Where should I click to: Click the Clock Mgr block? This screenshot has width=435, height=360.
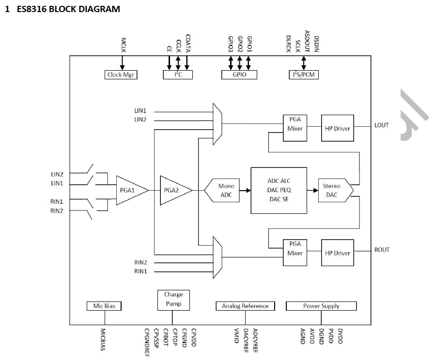(x=121, y=75)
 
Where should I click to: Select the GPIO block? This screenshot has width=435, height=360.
(x=239, y=75)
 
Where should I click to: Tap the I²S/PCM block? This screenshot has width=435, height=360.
(x=304, y=75)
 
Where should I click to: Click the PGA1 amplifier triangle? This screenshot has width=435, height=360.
(x=129, y=191)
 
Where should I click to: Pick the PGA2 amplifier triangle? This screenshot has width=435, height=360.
(x=173, y=190)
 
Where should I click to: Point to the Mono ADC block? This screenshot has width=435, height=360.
(x=224, y=190)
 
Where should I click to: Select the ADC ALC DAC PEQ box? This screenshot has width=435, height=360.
(x=279, y=190)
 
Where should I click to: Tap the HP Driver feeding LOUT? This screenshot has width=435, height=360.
(x=337, y=128)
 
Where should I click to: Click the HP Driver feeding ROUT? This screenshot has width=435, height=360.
(x=337, y=253)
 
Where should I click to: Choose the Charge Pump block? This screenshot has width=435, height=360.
(x=173, y=300)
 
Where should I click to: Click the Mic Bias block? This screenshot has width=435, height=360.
(x=104, y=306)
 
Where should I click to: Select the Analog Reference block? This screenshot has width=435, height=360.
(x=245, y=306)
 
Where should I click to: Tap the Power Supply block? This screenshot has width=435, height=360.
(x=321, y=306)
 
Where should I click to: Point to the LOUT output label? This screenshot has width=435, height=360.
(x=382, y=125)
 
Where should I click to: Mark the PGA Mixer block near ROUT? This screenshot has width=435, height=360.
(x=295, y=250)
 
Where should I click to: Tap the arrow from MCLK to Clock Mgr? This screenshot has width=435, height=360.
(x=122, y=62)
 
